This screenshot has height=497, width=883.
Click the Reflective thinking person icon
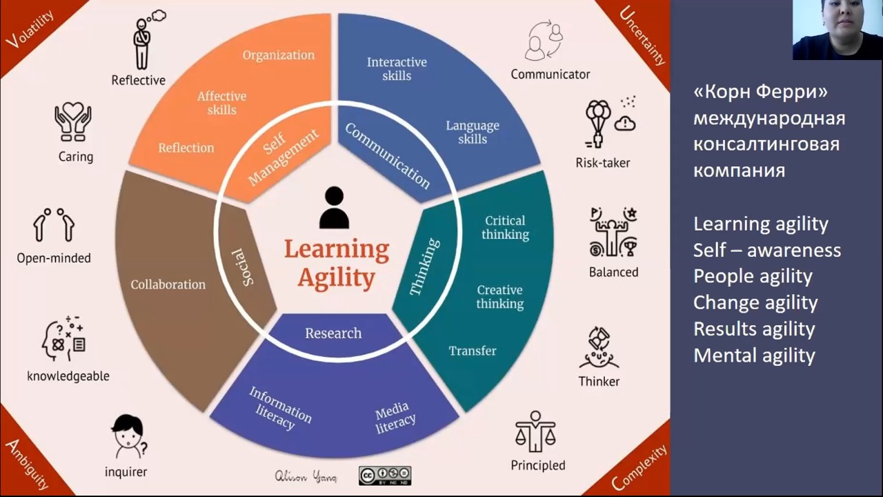[147, 39]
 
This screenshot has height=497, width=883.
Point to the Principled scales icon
[535, 431]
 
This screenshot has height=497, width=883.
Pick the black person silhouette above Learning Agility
[335, 208]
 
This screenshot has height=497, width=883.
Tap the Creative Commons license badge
[385, 476]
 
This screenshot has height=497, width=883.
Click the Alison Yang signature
[306, 476]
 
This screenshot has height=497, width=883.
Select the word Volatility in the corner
[30, 29]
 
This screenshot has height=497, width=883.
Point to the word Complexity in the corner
[639, 467]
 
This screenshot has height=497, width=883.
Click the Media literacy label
[395, 418]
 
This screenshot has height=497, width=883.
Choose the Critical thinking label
[505, 227]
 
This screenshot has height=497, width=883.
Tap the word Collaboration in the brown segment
[168, 284]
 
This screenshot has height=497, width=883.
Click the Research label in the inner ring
[333, 333]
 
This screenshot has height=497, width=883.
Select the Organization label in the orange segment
[278, 55]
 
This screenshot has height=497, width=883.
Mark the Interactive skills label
[397, 68]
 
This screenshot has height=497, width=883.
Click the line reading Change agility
[755, 302]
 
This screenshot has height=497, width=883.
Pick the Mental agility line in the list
[754, 355]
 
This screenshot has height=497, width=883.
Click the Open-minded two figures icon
[54, 224]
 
